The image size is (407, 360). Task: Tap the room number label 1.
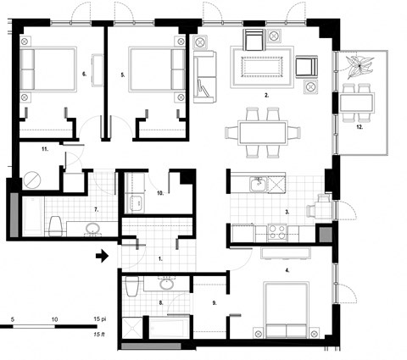pyautogui.click(x=161, y=256)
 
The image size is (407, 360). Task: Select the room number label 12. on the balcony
pyautogui.click(x=360, y=127)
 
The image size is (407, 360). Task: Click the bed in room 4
pyautogui.click(x=289, y=310)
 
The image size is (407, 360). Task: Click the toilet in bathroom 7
pyautogui.click(x=55, y=226)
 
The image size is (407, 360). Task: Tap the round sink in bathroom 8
pyautogui.click(x=164, y=285)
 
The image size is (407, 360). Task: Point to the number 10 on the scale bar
pyautogui.click(x=54, y=318)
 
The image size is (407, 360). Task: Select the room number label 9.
pyautogui.click(x=215, y=301)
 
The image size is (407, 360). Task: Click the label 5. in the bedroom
pyautogui.click(x=123, y=75)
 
